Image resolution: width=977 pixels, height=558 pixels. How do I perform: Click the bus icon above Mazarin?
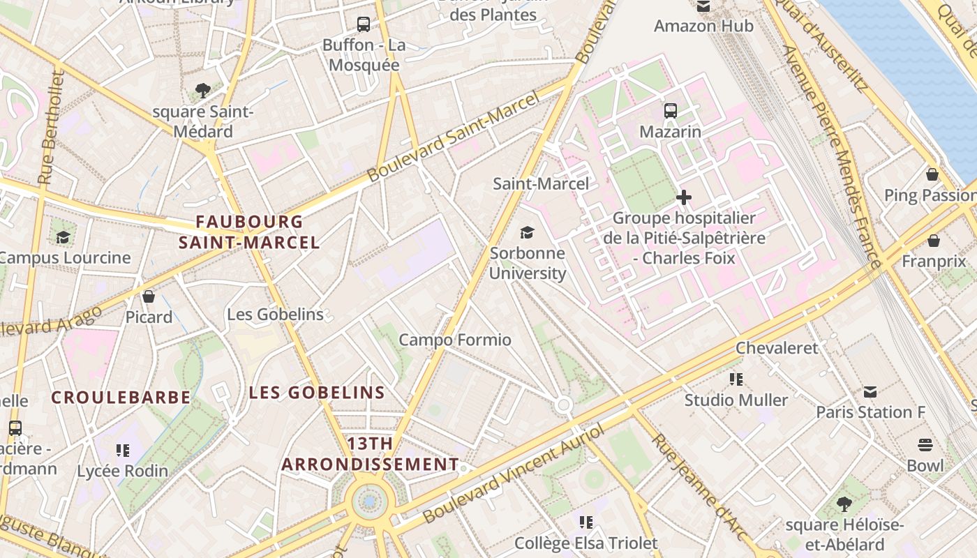coord(670,110)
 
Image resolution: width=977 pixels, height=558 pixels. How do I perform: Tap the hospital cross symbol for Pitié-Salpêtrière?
coord(684,197)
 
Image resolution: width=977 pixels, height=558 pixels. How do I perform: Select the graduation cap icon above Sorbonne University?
coord(528,232)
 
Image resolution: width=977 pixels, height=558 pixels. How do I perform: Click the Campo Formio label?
coord(455,340)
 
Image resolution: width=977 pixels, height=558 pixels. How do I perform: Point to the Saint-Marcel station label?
coord(541,184)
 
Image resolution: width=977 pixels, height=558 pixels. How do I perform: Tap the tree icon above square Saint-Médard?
coord(203,90)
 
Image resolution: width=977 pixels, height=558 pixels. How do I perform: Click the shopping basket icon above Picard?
coord(149,296)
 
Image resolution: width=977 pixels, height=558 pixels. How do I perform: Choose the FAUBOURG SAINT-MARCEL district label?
coord(249,232)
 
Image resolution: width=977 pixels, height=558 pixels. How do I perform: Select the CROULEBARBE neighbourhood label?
coord(121,398)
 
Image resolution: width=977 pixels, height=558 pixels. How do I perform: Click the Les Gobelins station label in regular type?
coord(276,315)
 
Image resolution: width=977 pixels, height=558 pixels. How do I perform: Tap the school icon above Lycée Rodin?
coord(123,451)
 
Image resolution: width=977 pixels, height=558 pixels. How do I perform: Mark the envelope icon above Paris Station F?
coord(870,391)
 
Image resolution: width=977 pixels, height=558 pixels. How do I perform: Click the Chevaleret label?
coord(777,347)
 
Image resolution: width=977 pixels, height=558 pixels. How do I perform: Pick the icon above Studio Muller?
coord(736,379)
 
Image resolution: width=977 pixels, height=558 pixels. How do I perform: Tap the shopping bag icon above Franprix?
coord(934,241)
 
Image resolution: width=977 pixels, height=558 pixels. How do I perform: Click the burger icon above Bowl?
coord(925,445)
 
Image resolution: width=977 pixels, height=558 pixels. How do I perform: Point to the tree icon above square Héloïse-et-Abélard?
coord(844,504)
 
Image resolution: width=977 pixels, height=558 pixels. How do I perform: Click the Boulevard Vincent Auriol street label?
coord(512,474)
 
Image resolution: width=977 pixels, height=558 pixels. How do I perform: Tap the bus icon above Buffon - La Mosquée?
coord(364,24)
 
